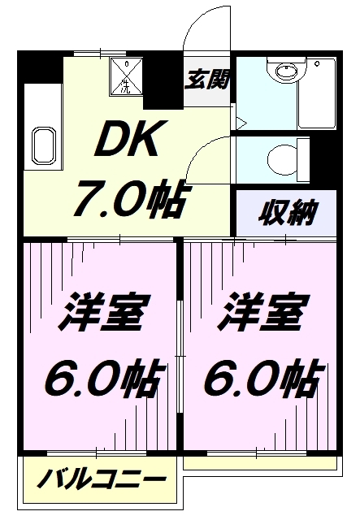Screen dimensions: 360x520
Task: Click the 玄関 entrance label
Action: (207, 80)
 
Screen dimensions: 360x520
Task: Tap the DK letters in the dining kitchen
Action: (127, 139)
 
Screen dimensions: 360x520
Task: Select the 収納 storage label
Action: (288, 212)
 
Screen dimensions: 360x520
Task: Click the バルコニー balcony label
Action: (101, 479)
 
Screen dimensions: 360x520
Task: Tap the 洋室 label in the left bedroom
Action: (105, 312)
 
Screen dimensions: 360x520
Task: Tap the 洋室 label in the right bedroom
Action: (263, 312)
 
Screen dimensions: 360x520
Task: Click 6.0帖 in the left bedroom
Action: (105, 379)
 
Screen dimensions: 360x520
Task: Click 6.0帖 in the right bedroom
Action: (263, 379)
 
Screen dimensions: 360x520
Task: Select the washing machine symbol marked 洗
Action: (127, 76)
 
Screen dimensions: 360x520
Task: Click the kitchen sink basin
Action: (43, 145)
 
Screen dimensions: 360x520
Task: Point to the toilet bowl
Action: (282, 161)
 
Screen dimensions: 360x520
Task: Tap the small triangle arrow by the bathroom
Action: (241, 123)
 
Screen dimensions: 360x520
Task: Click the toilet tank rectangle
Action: (303, 161)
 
